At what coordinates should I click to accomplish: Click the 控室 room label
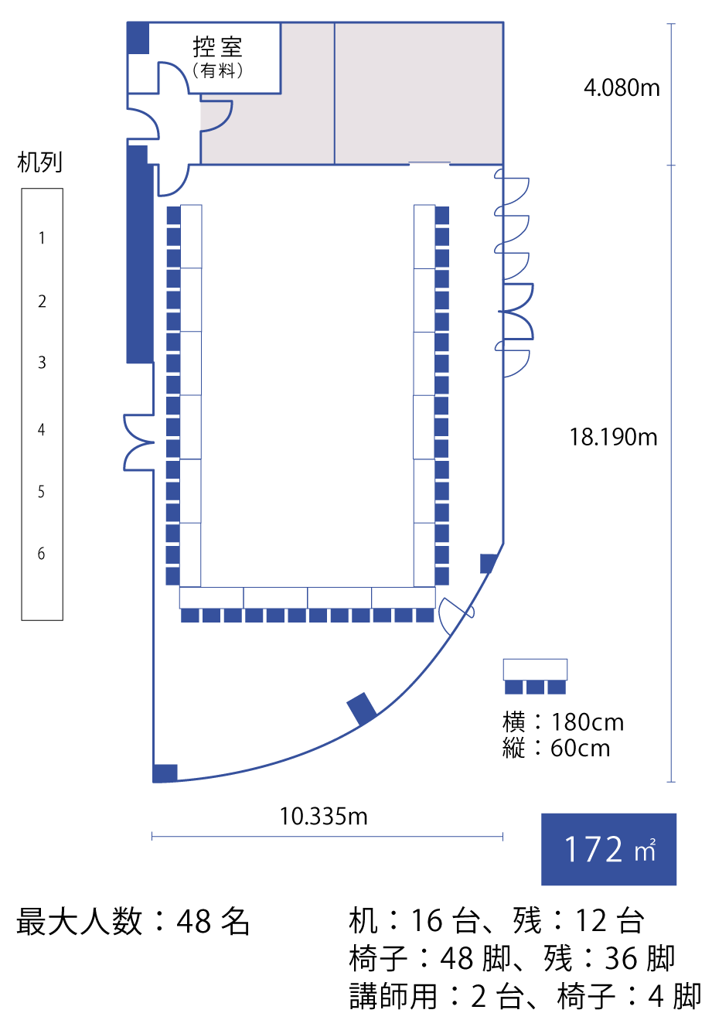point(217,46)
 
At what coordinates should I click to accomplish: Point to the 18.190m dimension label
point(613,437)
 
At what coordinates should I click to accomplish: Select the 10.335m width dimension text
point(323,816)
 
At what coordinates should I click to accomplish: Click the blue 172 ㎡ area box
point(608,849)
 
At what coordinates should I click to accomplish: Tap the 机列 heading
point(39,162)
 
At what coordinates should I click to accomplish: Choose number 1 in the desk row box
point(42,237)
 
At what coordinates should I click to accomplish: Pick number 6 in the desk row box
point(42,553)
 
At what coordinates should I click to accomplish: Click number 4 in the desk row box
point(42,429)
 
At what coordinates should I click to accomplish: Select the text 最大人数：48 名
point(133,921)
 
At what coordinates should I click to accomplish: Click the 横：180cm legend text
point(563,722)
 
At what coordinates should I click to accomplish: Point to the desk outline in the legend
point(535,670)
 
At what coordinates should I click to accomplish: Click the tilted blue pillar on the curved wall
point(362,708)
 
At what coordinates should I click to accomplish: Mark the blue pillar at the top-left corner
point(138,38)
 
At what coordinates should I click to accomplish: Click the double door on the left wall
point(139,442)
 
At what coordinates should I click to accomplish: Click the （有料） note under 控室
point(218,70)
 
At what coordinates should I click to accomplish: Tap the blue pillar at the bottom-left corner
point(165,773)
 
